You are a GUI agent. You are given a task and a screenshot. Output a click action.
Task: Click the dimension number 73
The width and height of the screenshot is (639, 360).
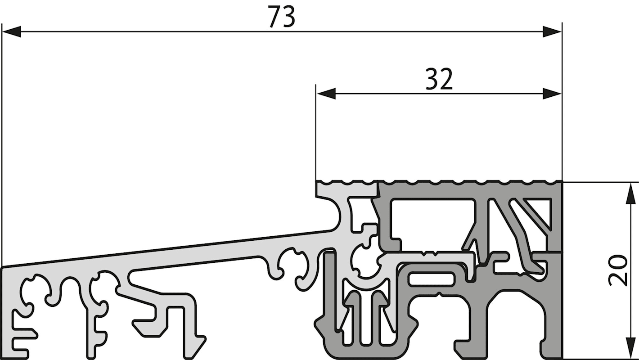pos(282,17)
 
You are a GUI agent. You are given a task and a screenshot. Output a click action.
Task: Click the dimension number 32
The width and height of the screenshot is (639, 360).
pos(439,79)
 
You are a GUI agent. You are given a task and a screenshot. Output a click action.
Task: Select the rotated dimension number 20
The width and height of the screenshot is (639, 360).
pos(617,270)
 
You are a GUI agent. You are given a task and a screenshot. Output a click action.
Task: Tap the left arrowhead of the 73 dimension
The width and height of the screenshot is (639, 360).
pos(11,31)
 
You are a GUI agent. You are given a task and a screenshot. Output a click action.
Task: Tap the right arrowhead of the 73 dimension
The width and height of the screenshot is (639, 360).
pos(552,31)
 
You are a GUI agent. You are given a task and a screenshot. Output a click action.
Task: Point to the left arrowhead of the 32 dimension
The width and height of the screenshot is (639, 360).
pos(326,94)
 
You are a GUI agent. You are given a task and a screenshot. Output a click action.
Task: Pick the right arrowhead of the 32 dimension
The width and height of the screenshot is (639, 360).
pos(552,94)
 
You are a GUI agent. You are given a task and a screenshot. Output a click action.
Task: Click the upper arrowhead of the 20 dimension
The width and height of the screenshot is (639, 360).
pos(630,193)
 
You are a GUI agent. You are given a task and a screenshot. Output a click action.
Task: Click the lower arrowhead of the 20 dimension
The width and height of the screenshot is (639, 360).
pos(630,348)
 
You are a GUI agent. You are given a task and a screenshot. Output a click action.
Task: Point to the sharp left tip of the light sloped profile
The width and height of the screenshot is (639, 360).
pos(3,268)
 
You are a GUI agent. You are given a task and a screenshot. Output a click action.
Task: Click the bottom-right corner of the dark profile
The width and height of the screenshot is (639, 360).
pos(562,358)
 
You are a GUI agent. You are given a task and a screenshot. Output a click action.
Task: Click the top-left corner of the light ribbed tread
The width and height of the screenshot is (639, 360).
pos(316,181)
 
